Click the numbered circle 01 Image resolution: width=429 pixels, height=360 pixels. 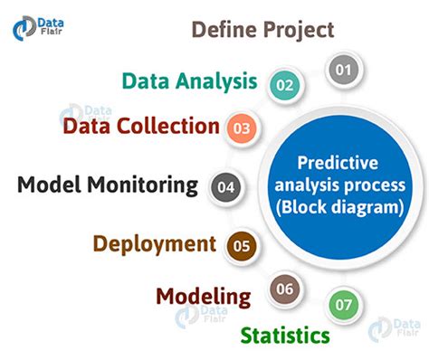pyautogui.click(x=341, y=69)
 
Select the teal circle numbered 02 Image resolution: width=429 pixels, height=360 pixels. pyautogui.click(x=285, y=85)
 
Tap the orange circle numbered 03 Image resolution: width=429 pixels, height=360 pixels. pyautogui.click(x=242, y=128)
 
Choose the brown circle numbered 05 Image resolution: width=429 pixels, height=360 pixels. pyautogui.click(x=241, y=244)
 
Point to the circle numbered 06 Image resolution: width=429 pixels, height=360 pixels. pyautogui.click(x=284, y=290)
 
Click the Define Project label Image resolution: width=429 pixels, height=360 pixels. pyautogui.click(x=262, y=29)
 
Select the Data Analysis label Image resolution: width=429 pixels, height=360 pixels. pyautogui.click(x=190, y=81)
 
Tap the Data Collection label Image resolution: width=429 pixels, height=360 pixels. pyautogui.click(x=140, y=126)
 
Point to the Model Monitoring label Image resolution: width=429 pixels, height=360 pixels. pyautogui.click(x=108, y=185)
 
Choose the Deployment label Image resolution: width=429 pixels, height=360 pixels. pyautogui.click(x=154, y=242)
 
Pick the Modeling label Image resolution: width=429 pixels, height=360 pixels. pyautogui.click(x=203, y=296)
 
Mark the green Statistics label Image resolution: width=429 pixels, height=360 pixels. pyautogui.click(x=284, y=336)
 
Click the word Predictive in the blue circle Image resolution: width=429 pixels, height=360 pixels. pyautogui.click(x=337, y=165)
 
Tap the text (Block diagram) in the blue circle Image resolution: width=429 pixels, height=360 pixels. pyautogui.click(x=337, y=208)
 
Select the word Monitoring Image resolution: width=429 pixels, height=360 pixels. pyautogui.click(x=144, y=185)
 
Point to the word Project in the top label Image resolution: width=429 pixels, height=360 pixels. pyautogui.click(x=296, y=29)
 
